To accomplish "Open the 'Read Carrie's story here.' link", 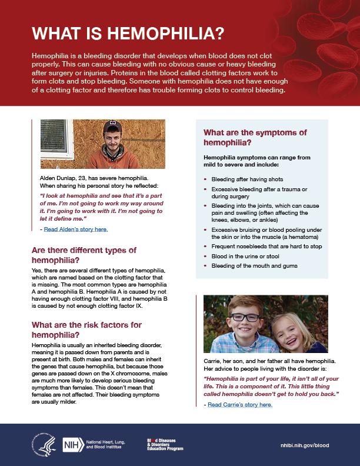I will click(238, 405).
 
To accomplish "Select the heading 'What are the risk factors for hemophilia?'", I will click(86, 329).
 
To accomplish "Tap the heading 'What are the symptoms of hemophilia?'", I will click(255, 138).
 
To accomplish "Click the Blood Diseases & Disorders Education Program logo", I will click(165, 445).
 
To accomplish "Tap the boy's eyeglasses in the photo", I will click(245, 318).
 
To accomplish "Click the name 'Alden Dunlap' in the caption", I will click(52, 176).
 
